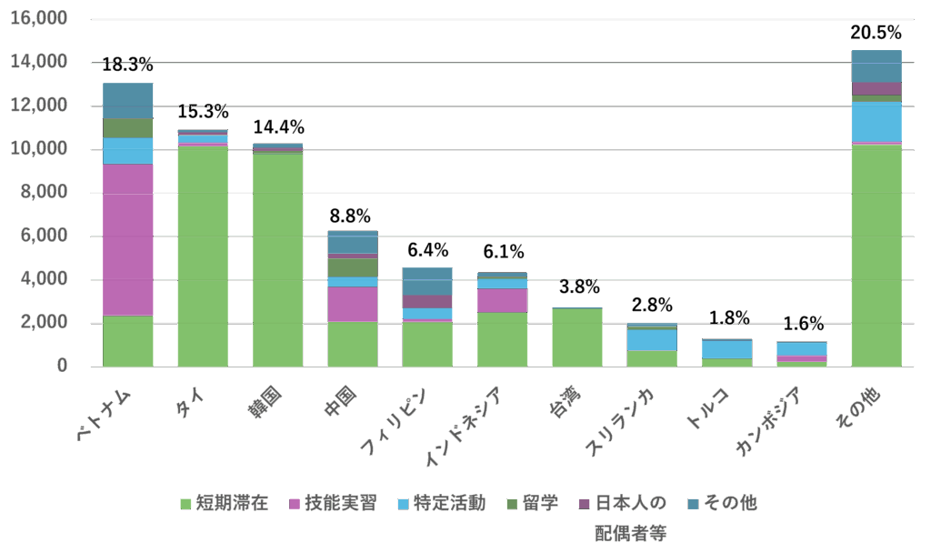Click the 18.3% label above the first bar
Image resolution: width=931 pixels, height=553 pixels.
pyautogui.click(x=127, y=65)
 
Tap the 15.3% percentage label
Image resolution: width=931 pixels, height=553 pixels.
pyautogui.click(x=203, y=112)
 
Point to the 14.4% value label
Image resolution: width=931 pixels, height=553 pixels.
pyautogui.click(x=278, y=127)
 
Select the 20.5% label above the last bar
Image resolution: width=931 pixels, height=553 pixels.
pyautogui.click(x=876, y=34)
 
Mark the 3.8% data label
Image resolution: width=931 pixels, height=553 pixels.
pyautogui.click(x=577, y=287)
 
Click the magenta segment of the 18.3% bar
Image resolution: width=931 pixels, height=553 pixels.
pyautogui.click(x=128, y=240)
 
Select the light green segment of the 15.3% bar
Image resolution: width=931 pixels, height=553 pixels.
pyautogui.click(x=203, y=256)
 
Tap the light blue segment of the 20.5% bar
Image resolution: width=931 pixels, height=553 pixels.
pyautogui.click(x=876, y=122)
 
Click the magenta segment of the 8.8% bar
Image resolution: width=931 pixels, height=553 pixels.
pyautogui.click(x=353, y=304)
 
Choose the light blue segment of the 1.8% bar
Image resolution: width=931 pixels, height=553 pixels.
pyautogui.click(x=726, y=349)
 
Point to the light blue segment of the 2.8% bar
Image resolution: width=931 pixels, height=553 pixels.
pyautogui.click(x=652, y=339)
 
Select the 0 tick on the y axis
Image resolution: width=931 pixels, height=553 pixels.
pyautogui.click(x=63, y=366)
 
